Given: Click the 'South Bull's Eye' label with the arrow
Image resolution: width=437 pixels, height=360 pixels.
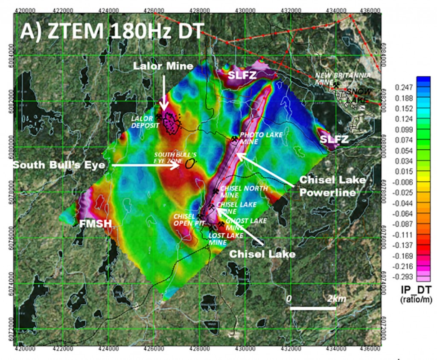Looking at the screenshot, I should point(58,165).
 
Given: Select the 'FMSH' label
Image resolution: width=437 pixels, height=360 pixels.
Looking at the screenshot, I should point(89,223).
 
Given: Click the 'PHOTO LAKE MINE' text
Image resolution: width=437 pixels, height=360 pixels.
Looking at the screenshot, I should point(256,138).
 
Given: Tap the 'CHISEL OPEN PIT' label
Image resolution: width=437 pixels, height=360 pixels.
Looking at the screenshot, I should point(184,219).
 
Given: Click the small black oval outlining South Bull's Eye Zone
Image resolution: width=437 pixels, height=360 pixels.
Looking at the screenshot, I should point(191,163).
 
